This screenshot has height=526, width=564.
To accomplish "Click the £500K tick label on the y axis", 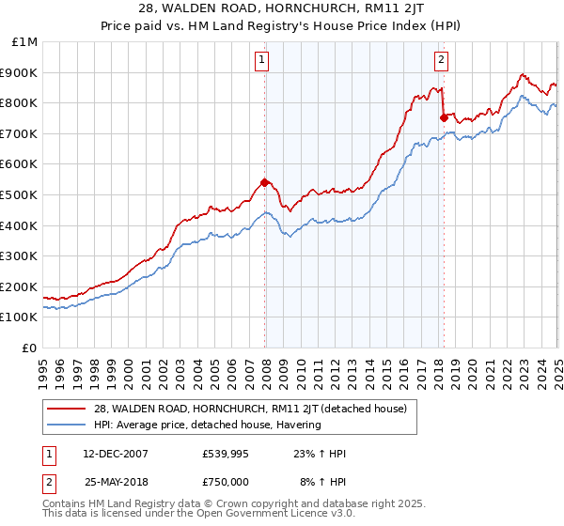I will [x=19, y=194].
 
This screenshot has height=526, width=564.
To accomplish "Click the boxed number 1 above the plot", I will [x=261, y=61].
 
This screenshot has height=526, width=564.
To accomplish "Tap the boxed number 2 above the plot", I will [x=441, y=61].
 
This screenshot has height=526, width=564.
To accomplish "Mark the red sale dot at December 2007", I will [x=265, y=182].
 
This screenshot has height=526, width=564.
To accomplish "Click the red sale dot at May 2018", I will [x=444, y=117].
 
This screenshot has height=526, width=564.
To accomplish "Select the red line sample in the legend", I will [x=68, y=409].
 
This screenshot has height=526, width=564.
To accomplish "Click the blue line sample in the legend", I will [x=68, y=425].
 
